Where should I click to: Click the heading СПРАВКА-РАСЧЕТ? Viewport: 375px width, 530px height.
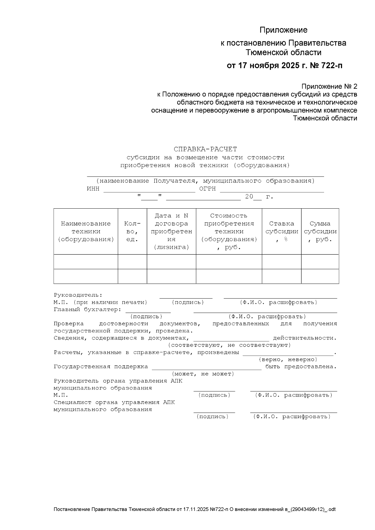point(205,149)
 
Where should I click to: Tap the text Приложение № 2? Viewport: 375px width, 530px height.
point(329,86)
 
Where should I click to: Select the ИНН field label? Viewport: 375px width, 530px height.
point(93,189)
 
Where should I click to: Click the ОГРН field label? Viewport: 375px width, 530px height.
point(207,189)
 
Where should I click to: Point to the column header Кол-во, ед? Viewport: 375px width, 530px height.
point(132,231)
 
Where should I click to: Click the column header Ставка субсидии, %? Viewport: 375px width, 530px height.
point(281,231)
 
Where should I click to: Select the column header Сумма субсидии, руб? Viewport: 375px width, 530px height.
point(320,231)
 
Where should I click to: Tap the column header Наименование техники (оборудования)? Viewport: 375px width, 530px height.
point(86,231)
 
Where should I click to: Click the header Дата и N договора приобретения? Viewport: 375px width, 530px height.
point(171,231)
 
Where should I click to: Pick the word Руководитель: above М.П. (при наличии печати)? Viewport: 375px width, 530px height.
point(78,295)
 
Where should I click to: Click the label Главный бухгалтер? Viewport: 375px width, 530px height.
point(87,310)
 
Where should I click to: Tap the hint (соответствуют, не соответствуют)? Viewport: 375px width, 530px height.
point(229,345)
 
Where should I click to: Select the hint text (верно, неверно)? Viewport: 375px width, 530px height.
point(288,359)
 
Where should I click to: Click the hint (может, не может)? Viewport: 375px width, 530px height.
point(203,374)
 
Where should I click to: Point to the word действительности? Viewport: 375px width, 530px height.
point(305,338)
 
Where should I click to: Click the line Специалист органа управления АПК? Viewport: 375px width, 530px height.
point(114,402)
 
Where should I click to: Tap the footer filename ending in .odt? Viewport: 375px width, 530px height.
point(195,509)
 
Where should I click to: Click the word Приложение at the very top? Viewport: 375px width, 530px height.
point(283,30)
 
